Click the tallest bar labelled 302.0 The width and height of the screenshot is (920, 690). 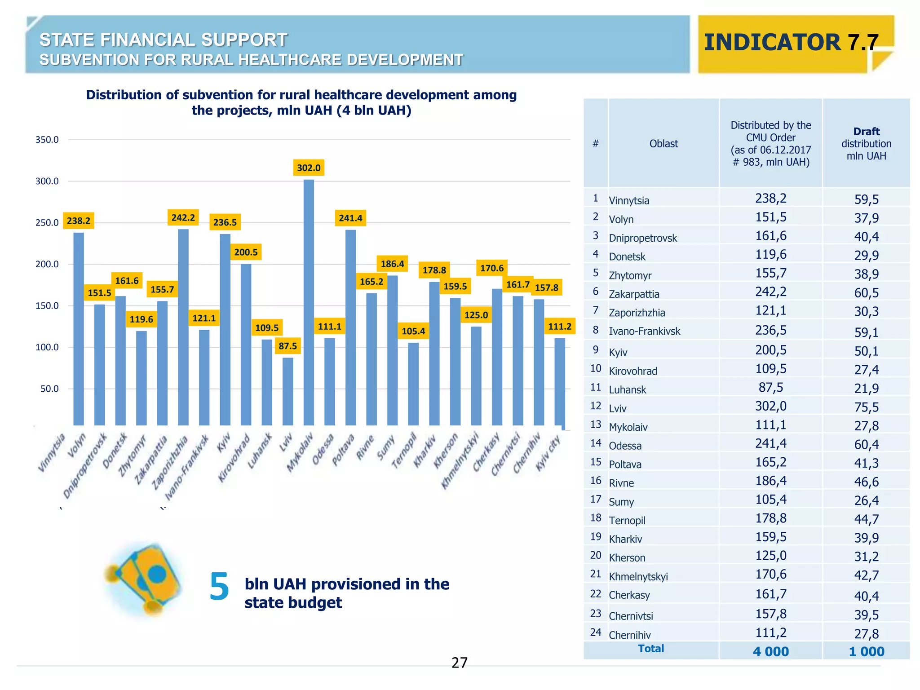[x=309, y=302]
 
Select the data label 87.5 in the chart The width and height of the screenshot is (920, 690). [x=287, y=346]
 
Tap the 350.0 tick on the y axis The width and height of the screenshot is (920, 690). [x=47, y=140]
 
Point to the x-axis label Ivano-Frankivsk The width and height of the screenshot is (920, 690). [x=186, y=468]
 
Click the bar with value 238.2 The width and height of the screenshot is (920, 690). [x=79, y=328]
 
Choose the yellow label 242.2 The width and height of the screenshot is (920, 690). [x=183, y=218]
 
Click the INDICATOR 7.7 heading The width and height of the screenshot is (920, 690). [x=791, y=43]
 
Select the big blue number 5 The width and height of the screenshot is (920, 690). [x=219, y=587]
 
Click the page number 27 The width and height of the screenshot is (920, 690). [x=460, y=663]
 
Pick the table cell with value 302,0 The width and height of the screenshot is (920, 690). [x=771, y=406]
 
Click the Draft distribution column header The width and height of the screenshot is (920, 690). [x=866, y=144]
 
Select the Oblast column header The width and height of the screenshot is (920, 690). [x=663, y=144]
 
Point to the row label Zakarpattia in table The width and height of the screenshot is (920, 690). [x=634, y=294]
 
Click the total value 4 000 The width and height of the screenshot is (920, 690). [x=771, y=651]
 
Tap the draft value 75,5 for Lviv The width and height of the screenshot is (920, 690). [x=866, y=407]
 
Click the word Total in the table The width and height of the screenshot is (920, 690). [x=651, y=649]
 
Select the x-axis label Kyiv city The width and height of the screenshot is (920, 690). [x=548, y=453]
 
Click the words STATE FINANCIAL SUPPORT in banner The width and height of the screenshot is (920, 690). [x=164, y=40]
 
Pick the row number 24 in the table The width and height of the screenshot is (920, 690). [x=596, y=632]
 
